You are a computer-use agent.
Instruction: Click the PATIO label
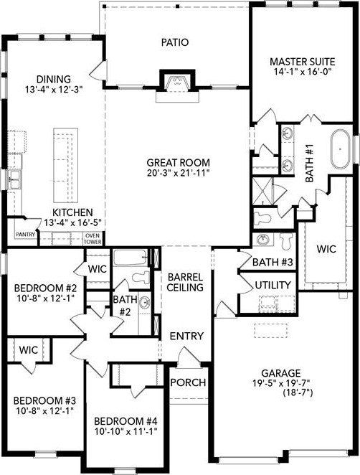[174, 42]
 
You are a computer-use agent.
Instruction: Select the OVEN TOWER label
[92, 239]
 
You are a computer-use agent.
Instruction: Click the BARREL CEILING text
[186, 281]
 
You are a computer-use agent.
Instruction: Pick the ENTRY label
[186, 336]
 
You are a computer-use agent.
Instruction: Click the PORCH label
[189, 382]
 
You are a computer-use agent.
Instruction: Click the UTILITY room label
[273, 286]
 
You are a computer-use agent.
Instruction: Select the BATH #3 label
[272, 262]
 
